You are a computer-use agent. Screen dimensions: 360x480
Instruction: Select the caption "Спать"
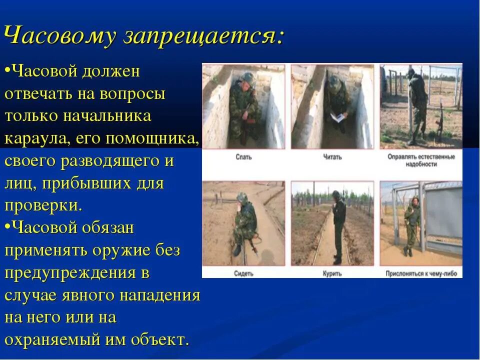point(243,157)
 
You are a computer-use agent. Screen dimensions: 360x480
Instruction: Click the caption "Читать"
point(332,157)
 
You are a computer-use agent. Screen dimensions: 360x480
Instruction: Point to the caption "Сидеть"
point(243,273)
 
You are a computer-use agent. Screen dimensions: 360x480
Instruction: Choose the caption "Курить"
point(332,273)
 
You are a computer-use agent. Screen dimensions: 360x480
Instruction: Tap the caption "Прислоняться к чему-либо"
point(421,273)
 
